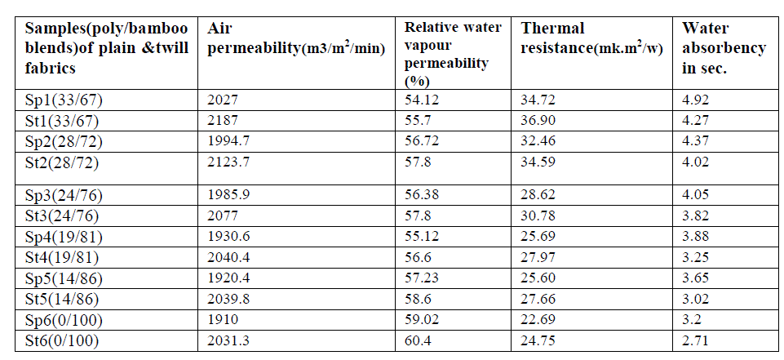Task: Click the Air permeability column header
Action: pos(295,38)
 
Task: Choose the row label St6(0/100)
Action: pos(60,342)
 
